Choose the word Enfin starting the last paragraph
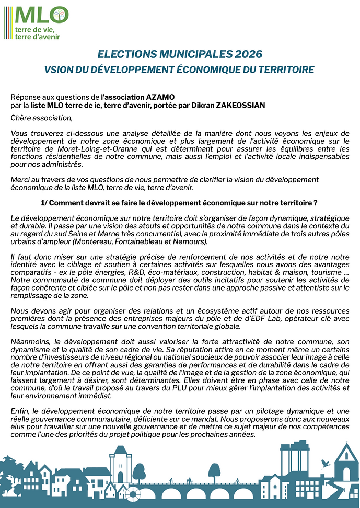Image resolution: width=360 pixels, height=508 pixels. [x=20, y=412]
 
